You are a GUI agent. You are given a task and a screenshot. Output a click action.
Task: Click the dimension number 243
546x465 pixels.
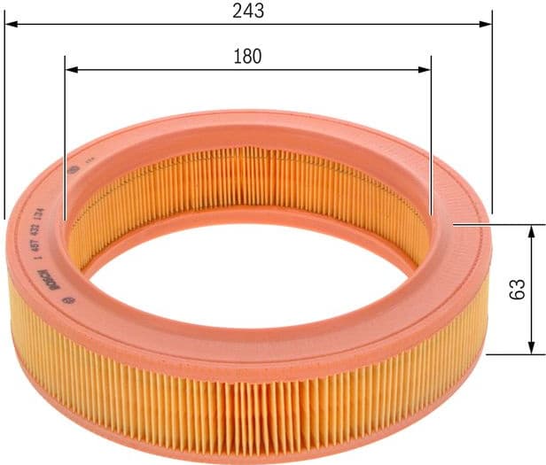[247, 11]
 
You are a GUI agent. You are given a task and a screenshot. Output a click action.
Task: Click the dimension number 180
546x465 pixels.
[247, 57]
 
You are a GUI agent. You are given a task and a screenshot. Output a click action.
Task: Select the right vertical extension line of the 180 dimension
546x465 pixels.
[431, 133]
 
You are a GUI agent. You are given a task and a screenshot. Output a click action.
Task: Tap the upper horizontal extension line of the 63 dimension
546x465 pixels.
[496, 224]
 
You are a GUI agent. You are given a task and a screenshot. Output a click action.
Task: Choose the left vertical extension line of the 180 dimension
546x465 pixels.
[66, 133]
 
